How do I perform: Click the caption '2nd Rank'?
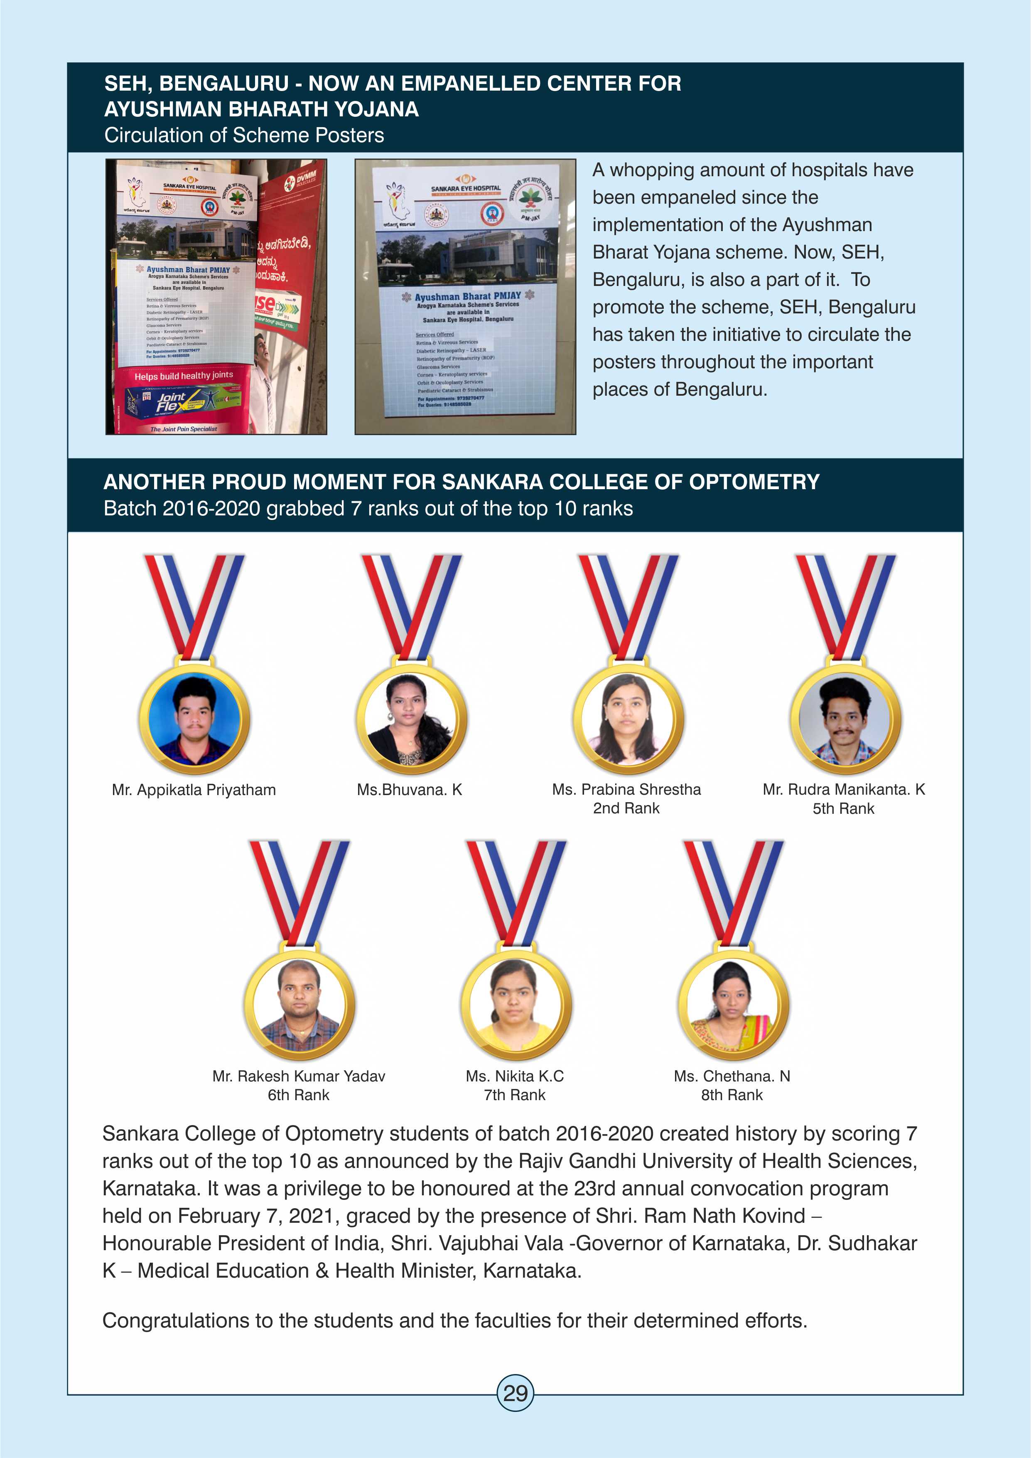626,808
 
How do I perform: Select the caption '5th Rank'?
843,808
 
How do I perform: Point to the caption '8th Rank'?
732,1095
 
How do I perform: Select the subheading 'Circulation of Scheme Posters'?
244,135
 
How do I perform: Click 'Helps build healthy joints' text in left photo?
184,376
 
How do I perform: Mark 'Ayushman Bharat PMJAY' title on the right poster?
467,296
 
